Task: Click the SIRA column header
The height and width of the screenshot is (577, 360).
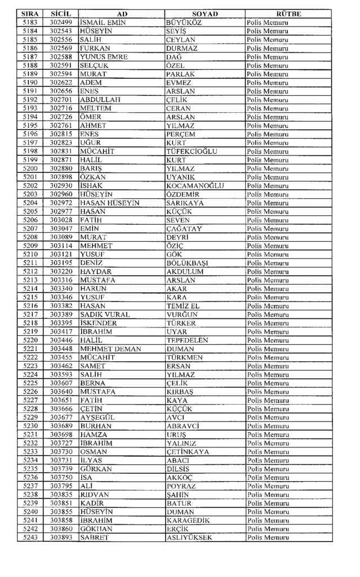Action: coord(30,14)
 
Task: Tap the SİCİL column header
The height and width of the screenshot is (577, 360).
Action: coord(60,14)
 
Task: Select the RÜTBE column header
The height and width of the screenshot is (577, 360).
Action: coord(288,14)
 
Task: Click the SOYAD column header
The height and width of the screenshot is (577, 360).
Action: coord(205,14)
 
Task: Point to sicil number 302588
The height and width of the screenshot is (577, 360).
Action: coord(61,57)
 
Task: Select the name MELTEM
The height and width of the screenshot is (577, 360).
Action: coord(95,108)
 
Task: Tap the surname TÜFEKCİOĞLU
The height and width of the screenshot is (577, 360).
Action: coord(192,151)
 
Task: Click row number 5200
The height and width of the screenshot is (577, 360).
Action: coord(30,168)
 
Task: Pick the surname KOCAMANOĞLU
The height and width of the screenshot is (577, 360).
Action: coord(195,185)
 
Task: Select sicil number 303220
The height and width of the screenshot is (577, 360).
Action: coord(61,272)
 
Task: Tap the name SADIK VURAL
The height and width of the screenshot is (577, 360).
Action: coord(105,314)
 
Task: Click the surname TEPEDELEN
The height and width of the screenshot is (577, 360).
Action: coord(187,340)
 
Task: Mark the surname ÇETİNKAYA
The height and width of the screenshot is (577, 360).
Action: coord(188,452)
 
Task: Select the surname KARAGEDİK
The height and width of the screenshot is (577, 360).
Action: coord(188,521)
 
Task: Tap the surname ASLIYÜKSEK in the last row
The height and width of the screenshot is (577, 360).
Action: coord(189,538)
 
